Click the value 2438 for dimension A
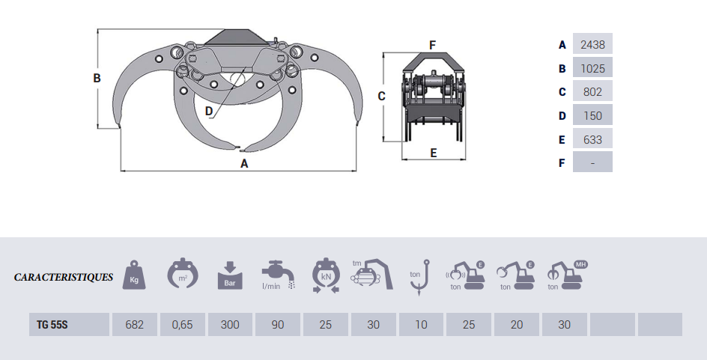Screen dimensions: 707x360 592,45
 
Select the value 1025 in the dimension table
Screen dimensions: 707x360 592,69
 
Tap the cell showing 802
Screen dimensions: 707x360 592,92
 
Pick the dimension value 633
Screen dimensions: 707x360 592,140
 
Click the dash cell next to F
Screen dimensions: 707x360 592,162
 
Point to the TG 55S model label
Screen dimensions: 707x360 52,324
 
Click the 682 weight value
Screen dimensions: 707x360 134,324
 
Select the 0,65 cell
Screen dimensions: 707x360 182,324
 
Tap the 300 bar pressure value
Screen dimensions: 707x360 230,324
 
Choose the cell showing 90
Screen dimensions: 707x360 278,324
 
